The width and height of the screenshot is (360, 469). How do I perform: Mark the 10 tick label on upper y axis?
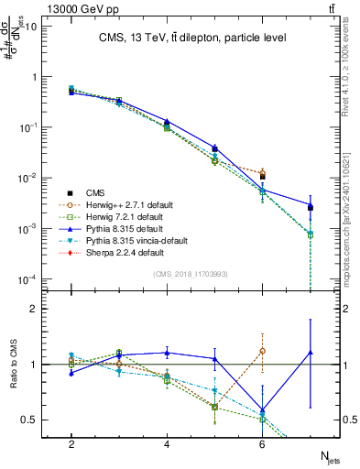27,26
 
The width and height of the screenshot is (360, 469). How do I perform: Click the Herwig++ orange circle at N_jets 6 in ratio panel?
263,351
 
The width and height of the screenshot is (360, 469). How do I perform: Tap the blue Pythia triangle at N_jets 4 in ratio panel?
167,353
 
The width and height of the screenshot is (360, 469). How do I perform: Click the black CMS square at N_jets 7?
311,207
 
